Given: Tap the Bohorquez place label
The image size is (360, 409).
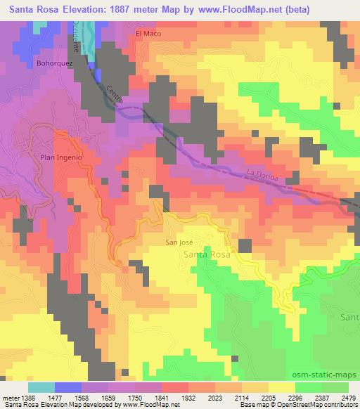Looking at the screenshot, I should pos(52,62).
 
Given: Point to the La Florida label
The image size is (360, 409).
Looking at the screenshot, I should pos(262,174).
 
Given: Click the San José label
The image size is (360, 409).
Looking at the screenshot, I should pos(179,242).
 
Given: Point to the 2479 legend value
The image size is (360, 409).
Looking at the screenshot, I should pos(348,398).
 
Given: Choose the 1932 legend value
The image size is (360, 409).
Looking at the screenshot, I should pos(188,398).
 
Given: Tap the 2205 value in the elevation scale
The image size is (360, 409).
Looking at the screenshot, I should pos(268,398).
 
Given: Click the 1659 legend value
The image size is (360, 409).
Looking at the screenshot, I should pos(108,398).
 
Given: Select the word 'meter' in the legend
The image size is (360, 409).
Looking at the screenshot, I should pos(8,398).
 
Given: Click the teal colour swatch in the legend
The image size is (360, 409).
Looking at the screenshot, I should pos(41,387).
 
